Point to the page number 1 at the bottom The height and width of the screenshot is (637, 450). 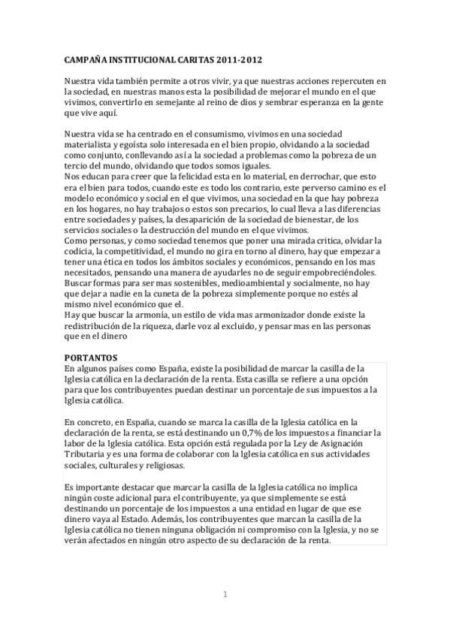(225, 595)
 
